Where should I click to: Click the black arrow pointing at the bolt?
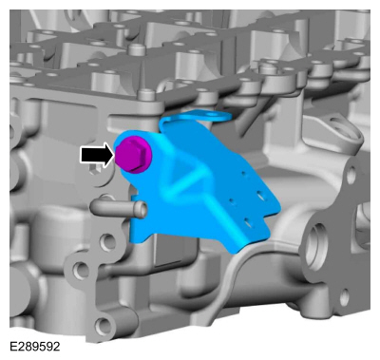(x=97, y=155)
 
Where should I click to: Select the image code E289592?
(x=35, y=347)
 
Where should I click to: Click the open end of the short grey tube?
(x=142, y=210)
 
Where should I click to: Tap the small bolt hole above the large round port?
(x=351, y=175)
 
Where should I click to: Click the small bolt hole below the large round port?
(x=344, y=297)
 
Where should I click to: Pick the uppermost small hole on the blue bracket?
(x=244, y=173)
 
